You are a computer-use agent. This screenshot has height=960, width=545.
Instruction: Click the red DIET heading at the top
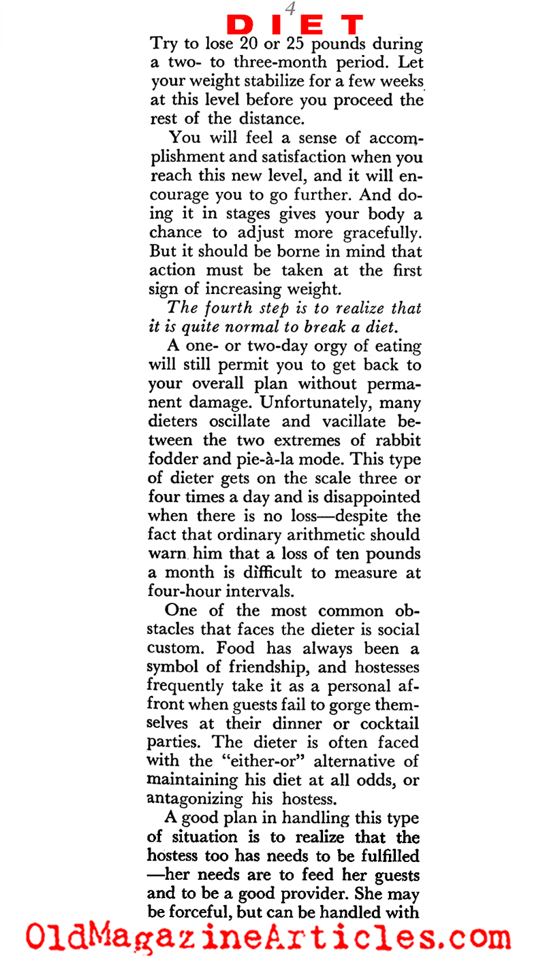pyautogui.click(x=295, y=25)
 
